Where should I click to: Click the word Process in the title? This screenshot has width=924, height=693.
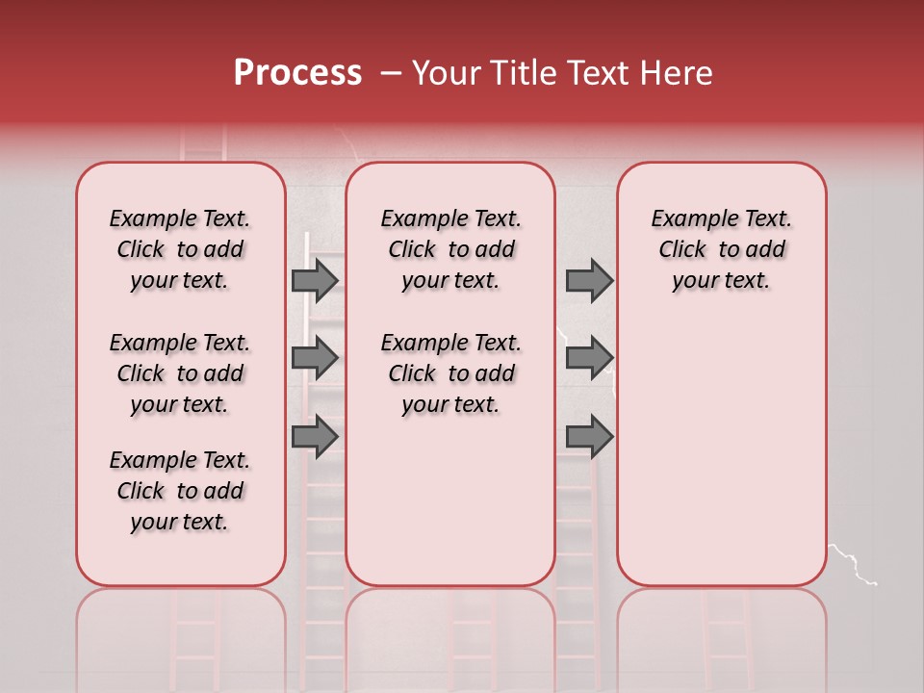297,72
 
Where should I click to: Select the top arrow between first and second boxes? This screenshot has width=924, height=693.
315,280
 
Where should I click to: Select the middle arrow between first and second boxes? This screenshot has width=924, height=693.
315,358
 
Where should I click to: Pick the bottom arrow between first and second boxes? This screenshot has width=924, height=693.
315,436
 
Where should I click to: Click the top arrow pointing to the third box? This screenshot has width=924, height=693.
589,280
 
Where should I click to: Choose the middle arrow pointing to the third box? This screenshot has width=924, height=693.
589,358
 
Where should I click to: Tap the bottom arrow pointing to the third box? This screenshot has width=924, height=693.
589,436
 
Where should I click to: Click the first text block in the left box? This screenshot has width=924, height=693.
180,249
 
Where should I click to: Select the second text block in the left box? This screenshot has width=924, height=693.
180,373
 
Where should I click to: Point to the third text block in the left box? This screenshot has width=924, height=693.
180,491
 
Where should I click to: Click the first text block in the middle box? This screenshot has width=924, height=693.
450,249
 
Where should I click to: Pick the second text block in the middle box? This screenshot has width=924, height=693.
450,373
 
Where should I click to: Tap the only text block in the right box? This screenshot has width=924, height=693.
721,249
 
